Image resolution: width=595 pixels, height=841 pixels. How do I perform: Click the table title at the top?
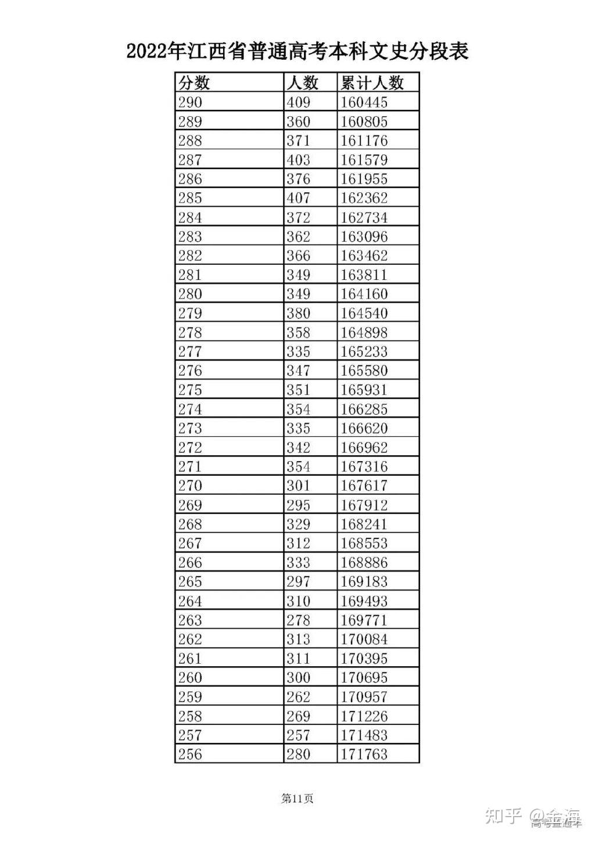297,52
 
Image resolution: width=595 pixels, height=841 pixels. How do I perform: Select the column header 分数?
194,82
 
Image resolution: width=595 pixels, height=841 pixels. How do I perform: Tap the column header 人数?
302,82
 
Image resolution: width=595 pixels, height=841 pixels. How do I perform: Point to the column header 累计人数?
372,82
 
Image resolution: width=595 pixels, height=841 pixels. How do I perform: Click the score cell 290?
190,102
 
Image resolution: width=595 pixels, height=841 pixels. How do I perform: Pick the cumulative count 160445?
364,102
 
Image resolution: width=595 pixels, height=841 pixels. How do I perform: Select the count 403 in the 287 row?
298,160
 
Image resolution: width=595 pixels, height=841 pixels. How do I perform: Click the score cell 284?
190,217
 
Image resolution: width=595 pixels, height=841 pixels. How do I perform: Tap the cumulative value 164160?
364,294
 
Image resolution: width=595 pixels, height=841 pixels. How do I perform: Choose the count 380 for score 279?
298,313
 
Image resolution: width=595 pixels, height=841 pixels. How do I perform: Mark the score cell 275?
190,390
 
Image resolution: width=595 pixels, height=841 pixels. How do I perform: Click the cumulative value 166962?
364,447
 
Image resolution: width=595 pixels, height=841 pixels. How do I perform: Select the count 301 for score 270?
298,486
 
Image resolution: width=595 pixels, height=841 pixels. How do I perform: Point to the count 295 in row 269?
298,505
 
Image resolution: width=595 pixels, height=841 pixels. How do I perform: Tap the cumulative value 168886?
364,562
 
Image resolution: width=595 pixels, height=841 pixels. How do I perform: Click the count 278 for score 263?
298,620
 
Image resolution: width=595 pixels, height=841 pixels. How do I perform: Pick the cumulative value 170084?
364,639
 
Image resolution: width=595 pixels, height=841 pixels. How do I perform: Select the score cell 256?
190,754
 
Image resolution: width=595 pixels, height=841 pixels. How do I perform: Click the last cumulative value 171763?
364,754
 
